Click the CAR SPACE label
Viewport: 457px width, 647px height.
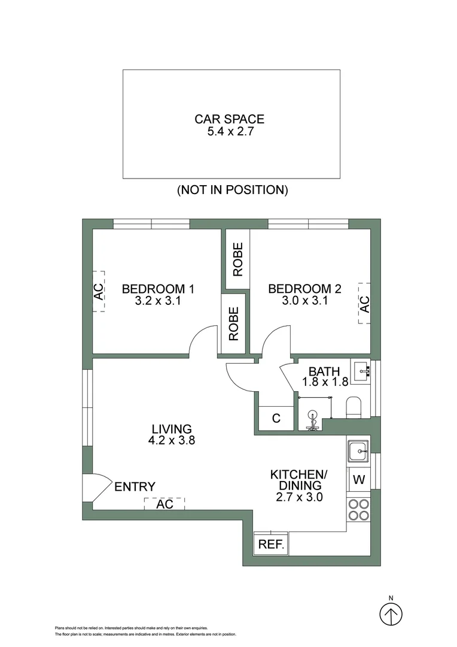tap(229, 119)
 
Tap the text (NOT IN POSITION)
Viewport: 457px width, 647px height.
tap(233, 190)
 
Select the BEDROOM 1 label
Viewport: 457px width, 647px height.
tap(158, 289)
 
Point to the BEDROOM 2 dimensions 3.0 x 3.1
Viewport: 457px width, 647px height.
tap(304, 301)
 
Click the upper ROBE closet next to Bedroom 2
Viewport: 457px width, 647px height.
tap(237, 259)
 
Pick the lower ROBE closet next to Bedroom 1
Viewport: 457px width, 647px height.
tap(233, 323)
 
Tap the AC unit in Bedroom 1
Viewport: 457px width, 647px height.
tap(98, 291)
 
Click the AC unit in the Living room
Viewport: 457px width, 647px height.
tap(164, 504)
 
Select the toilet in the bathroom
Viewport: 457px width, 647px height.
tap(354, 406)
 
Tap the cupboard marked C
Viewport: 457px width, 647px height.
tap(276, 418)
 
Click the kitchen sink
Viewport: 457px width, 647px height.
tap(358, 451)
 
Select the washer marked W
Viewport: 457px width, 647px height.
tap(359, 479)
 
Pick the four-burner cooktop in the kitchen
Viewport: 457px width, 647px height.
tap(358, 509)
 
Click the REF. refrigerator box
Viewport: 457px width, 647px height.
tap(271, 545)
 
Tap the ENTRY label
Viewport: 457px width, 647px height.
tap(135, 486)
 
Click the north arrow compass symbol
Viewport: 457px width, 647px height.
tap(391, 613)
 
